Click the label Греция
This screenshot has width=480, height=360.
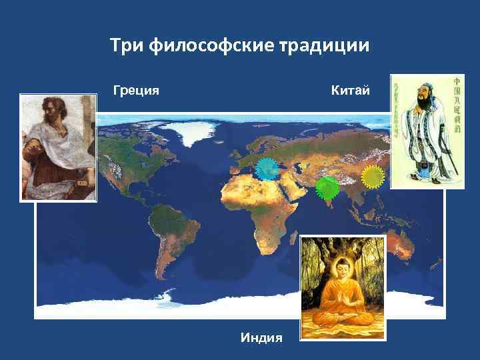136,89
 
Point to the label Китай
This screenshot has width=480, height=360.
350,89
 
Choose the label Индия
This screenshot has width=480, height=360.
261,338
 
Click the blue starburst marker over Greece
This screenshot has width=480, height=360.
267,170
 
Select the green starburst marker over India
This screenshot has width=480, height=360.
327,188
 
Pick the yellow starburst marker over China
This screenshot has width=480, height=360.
373,176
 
